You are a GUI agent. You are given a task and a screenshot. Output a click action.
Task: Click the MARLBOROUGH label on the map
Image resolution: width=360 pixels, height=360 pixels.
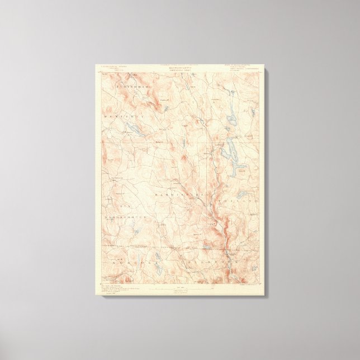coord(124,215)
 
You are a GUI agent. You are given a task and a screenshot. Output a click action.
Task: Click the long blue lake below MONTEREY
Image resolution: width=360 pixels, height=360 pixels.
coord(135,130)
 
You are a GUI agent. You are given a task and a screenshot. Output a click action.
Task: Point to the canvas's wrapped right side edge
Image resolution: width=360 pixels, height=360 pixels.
coord(265,184)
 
